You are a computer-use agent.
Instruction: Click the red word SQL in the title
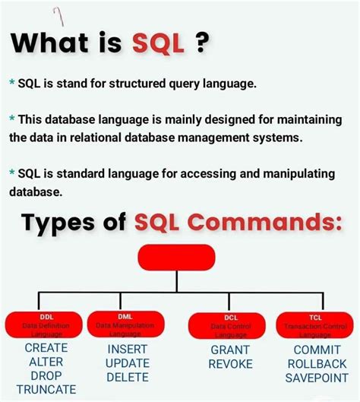(x=160, y=43)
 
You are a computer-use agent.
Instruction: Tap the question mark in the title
(x=201, y=43)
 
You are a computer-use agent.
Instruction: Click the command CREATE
(x=46, y=348)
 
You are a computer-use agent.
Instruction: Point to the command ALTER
(x=46, y=362)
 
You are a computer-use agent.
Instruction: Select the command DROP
(x=46, y=375)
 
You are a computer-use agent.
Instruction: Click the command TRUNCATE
(x=46, y=389)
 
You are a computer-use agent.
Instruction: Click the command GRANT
(x=230, y=350)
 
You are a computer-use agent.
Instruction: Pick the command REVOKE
(x=230, y=364)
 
